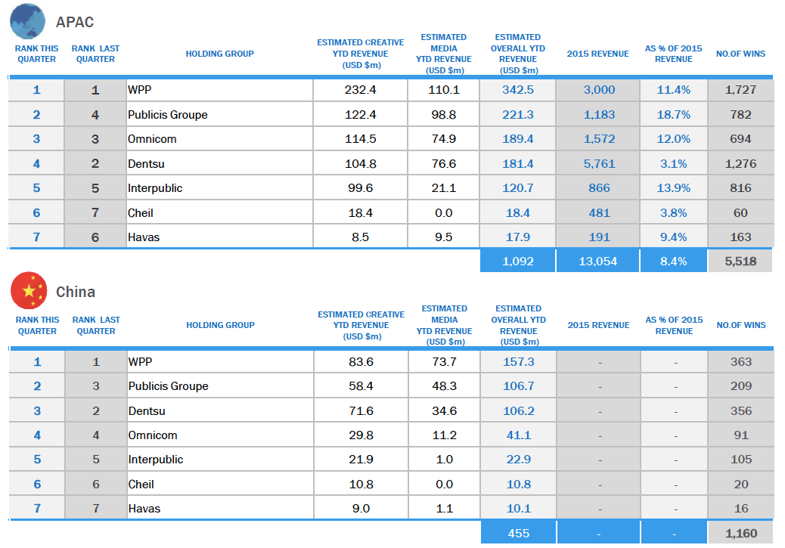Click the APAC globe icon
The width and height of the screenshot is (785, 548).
click(x=27, y=21)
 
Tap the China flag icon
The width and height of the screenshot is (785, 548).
click(x=29, y=291)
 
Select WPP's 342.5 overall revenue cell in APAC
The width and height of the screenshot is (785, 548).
click(x=517, y=90)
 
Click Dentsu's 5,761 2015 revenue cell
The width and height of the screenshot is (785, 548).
click(x=599, y=164)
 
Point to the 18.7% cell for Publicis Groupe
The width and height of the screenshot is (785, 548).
click(x=673, y=115)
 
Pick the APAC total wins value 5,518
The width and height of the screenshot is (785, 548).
click(x=740, y=262)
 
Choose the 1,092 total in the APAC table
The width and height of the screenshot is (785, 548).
click(x=517, y=262)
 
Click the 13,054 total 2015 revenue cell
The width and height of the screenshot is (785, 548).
click(x=597, y=262)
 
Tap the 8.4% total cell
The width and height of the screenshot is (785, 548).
click(x=673, y=262)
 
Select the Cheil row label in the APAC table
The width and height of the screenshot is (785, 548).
click(x=140, y=213)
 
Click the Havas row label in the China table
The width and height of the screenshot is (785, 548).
click(x=144, y=509)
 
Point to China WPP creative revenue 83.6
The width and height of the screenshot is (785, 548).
click(x=361, y=362)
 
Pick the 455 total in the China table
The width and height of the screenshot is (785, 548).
click(x=519, y=534)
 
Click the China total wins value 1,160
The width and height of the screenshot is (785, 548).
click(x=741, y=534)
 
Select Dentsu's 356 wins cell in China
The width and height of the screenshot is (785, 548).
click(x=741, y=411)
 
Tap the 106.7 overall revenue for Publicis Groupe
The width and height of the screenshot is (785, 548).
click(x=519, y=386)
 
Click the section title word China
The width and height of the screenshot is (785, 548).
click(x=76, y=292)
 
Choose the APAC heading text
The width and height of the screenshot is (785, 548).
click(x=75, y=22)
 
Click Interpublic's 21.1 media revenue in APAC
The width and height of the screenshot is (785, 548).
click(x=444, y=188)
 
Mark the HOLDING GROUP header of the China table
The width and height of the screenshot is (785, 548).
click(x=220, y=325)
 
